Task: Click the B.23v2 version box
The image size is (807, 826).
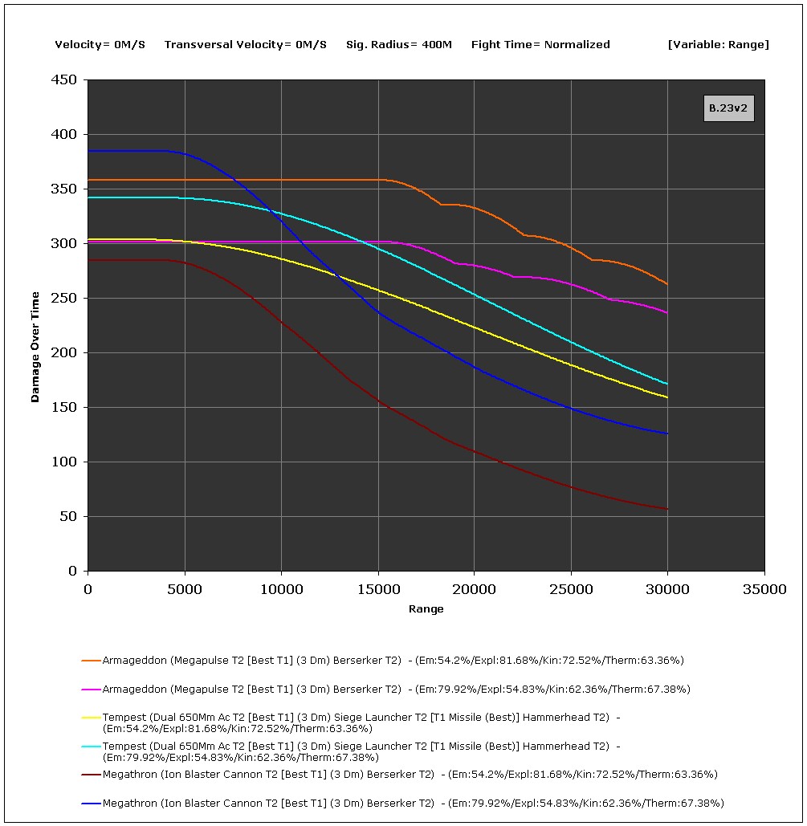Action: pyautogui.click(x=728, y=108)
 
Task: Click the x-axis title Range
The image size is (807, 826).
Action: pyautogui.click(x=426, y=609)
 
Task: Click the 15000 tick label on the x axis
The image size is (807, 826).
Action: pyautogui.click(x=377, y=589)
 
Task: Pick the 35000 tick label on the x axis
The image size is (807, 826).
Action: pyautogui.click(x=764, y=589)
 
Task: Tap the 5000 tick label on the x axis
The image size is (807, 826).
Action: pyautogui.click(x=185, y=589)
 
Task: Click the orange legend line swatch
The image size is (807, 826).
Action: pyautogui.click(x=90, y=661)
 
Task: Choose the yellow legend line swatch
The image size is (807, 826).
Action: pyautogui.click(x=90, y=718)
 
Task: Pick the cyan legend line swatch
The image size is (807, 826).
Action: pyautogui.click(x=90, y=747)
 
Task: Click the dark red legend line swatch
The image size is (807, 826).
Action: pyautogui.click(x=90, y=775)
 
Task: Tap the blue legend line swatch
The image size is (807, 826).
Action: pyautogui.click(x=90, y=804)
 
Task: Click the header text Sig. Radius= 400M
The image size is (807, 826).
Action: pyautogui.click(x=398, y=45)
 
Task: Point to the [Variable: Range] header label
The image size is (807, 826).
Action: pyautogui.click(x=718, y=45)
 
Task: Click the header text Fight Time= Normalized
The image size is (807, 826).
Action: pyautogui.click(x=540, y=45)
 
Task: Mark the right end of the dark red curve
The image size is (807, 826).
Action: pyautogui.click(x=667, y=509)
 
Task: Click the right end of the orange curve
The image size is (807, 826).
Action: pyautogui.click(x=667, y=283)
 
